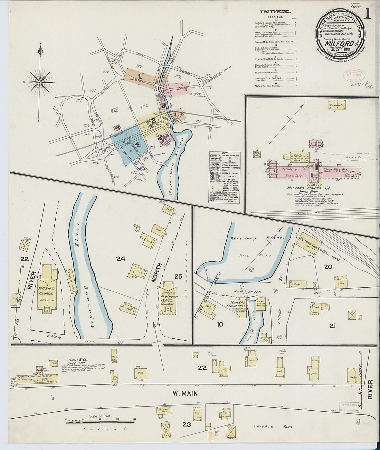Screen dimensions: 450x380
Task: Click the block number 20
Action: tap(328, 267)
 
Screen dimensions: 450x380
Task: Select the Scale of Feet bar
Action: tap(100, 421)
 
